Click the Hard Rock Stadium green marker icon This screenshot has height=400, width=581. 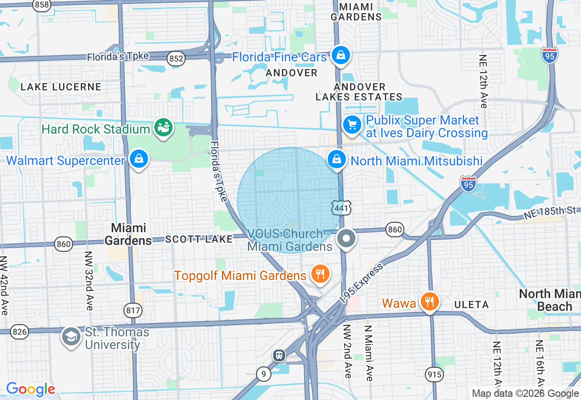coord(163,128)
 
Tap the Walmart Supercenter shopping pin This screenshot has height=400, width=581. coord(138,160)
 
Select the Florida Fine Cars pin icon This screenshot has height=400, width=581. coord(339,55)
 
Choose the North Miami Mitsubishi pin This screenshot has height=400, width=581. coord(337,160)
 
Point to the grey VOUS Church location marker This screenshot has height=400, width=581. coord(347,238)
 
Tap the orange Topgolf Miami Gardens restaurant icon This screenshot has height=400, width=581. coord(320,274)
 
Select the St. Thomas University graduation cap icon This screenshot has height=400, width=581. coord(71,337)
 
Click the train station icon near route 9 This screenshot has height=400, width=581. coord(279,355)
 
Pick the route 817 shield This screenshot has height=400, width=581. coord(133,310)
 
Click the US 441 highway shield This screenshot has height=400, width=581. coord(340,208)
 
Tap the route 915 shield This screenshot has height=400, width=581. coord(433,374)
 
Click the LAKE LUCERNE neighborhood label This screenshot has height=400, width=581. coord(61,87)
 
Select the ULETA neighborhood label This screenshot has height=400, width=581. coord(472,305)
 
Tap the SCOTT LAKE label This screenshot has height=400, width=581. coord(199,239)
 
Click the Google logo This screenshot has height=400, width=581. coord(30,390)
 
